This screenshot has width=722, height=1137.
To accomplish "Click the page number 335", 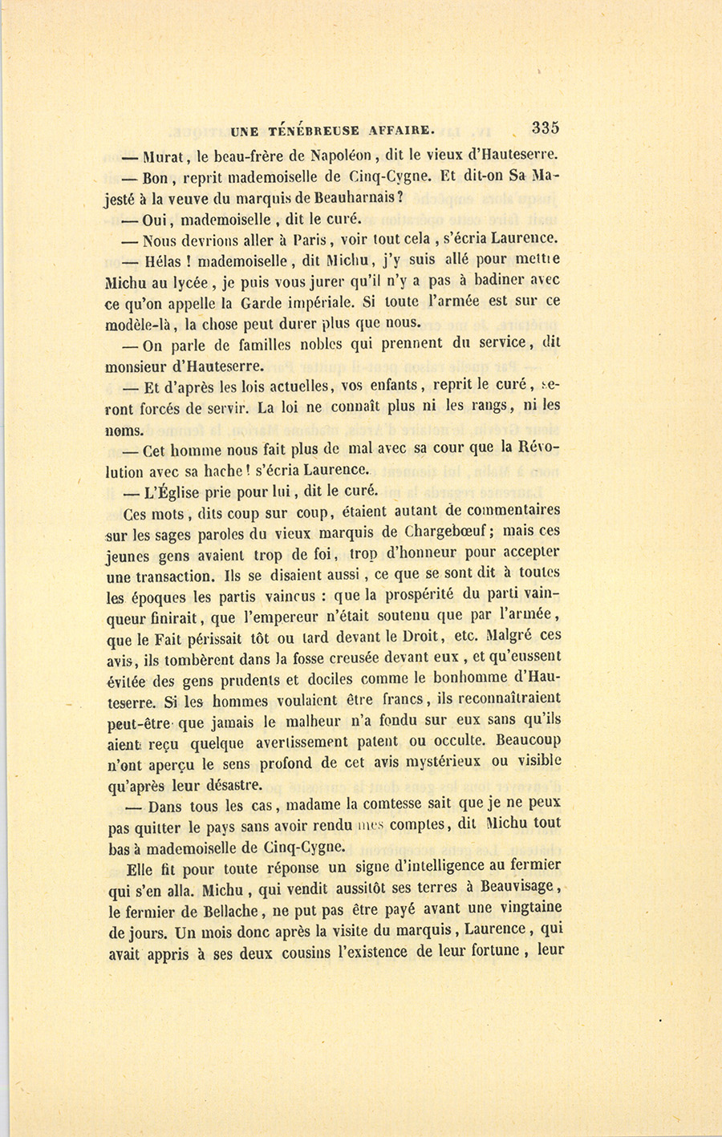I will tap(545, 127).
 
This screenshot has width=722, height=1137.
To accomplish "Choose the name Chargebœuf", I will tap(453, 531).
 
